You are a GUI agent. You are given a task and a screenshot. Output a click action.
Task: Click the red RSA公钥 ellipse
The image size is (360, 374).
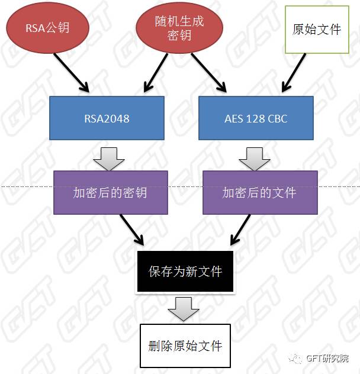click(x=47, y=28)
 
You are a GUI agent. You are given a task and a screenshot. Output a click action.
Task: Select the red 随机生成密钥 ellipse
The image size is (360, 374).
click(x=180, y=28)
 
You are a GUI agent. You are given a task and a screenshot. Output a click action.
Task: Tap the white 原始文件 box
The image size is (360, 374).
click(x=317, y=29)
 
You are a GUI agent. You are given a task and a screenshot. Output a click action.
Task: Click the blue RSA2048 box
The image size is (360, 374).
click(x=107, y=118)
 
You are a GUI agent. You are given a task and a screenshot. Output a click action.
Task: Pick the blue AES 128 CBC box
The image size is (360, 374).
click(x=256, y=118)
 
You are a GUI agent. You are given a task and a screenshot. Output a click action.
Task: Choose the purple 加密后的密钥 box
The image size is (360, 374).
click(x=110, y=192)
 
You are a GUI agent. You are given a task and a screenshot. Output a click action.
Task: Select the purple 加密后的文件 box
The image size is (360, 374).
click(x=259, y=192)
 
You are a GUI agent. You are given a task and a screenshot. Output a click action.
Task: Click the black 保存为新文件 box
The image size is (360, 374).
click(x=185, y=272)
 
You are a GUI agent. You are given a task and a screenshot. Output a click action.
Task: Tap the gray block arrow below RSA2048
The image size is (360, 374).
click(x=108, y=156)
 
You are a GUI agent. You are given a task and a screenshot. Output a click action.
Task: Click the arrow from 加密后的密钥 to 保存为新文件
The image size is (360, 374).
click(x=131, y=230)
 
